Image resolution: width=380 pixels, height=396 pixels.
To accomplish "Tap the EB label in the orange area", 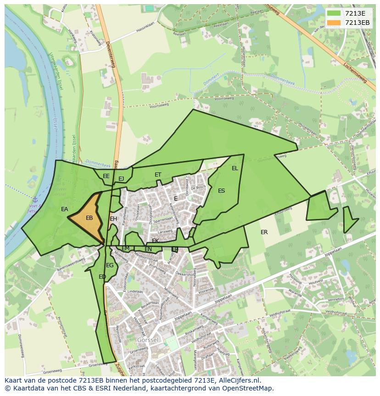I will pos(89,218).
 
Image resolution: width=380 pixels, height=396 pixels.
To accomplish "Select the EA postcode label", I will pos(65,209).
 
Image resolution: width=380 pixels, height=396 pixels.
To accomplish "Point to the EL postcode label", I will pos(235,168).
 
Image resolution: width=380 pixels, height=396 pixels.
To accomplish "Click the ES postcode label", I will pos(222,191).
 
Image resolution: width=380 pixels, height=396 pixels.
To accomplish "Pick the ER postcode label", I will pos(264,232).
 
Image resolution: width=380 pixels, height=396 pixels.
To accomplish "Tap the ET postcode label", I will pos(158,175).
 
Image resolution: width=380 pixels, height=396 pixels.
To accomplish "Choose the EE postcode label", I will pos(106,176).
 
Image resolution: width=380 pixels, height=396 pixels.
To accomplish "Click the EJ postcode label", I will pos(121,179).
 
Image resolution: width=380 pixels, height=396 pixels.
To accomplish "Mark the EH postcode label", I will pos(113,219).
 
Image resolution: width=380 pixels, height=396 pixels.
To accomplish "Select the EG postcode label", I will pos(110,265).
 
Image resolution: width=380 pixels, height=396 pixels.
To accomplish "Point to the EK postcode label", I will pos(156,241).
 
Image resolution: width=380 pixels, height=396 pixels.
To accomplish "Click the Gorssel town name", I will pos(148,339).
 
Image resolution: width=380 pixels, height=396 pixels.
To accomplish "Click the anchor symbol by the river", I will pos(35,200).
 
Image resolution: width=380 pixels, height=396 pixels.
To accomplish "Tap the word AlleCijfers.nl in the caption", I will pos(237,380).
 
